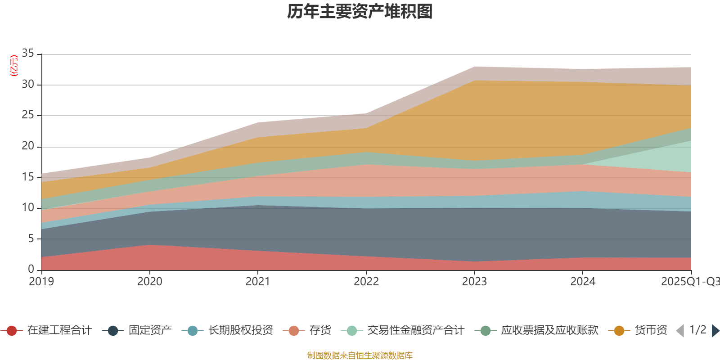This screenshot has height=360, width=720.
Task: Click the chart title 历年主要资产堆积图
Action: click(360, 12)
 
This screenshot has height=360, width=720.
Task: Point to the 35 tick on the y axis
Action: click(28, 54)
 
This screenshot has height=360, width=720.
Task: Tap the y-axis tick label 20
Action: click(28, 146)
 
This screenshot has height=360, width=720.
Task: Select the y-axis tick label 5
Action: click(31, 238)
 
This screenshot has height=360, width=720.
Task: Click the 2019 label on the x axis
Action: click(41, 282)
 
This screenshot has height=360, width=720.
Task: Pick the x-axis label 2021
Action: click(257, 282)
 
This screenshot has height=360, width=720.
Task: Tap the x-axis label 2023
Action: click(474, 282)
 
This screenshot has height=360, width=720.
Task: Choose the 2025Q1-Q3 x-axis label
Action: click(689, 282)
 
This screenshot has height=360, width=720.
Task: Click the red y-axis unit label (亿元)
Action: click(14, 66)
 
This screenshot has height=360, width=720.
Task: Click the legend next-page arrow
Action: click(715, 331)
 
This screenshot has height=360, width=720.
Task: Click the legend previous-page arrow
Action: click(680, 331)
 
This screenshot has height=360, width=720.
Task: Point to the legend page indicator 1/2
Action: click(697, 330)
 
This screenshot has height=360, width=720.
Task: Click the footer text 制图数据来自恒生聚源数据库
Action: click(360, 355)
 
